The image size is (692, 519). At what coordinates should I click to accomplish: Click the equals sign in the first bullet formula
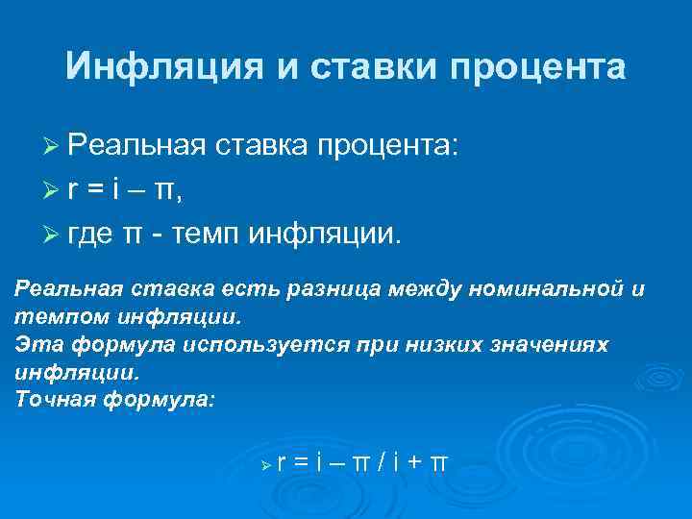(x=96, y=191)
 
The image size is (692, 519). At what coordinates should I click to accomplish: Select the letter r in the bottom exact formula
(x=282, y=463)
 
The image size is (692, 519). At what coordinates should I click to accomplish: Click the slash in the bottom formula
(x=382, y=462)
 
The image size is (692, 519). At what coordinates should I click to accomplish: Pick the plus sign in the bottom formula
(x=413, y=463)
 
